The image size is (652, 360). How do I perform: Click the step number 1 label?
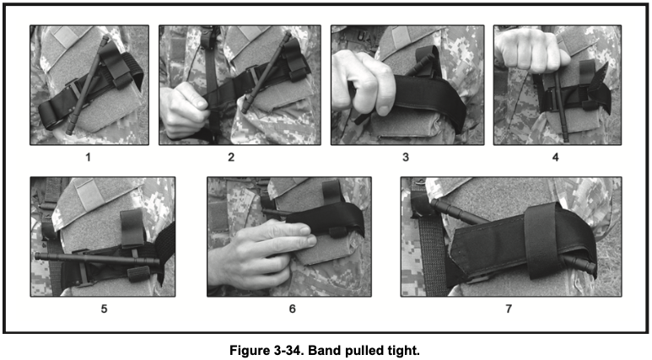click(88, 157)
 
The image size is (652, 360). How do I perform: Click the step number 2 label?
click(231, 157)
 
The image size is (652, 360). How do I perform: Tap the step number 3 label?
click(406, 157)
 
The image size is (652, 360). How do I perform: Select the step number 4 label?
click(555, 157)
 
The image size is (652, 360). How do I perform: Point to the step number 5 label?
click(104, 309)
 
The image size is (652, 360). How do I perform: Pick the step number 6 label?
click(293, 309)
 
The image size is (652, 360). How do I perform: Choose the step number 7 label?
click(509, 309)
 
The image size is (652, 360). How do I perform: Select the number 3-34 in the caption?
click(288, 350)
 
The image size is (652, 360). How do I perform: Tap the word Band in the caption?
click(321, 350)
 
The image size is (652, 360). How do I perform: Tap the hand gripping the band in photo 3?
click(363, 83)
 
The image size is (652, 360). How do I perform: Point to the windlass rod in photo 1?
click(88, 85)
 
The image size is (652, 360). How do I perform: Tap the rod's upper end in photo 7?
click(434, 204)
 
